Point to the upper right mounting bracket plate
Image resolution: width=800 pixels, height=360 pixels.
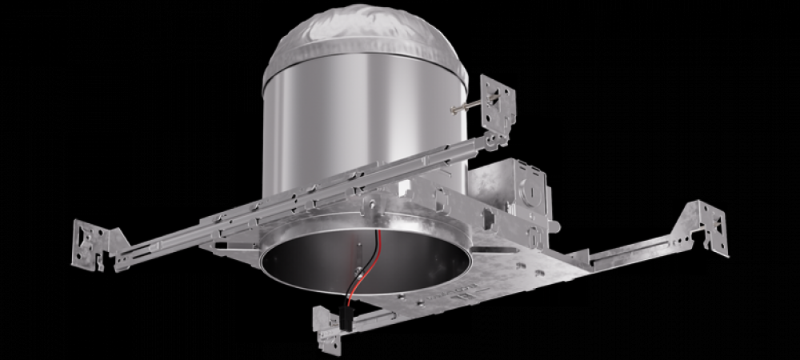[x=498, y=100]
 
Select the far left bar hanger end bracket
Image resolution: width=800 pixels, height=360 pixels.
[x=94, y=240]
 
